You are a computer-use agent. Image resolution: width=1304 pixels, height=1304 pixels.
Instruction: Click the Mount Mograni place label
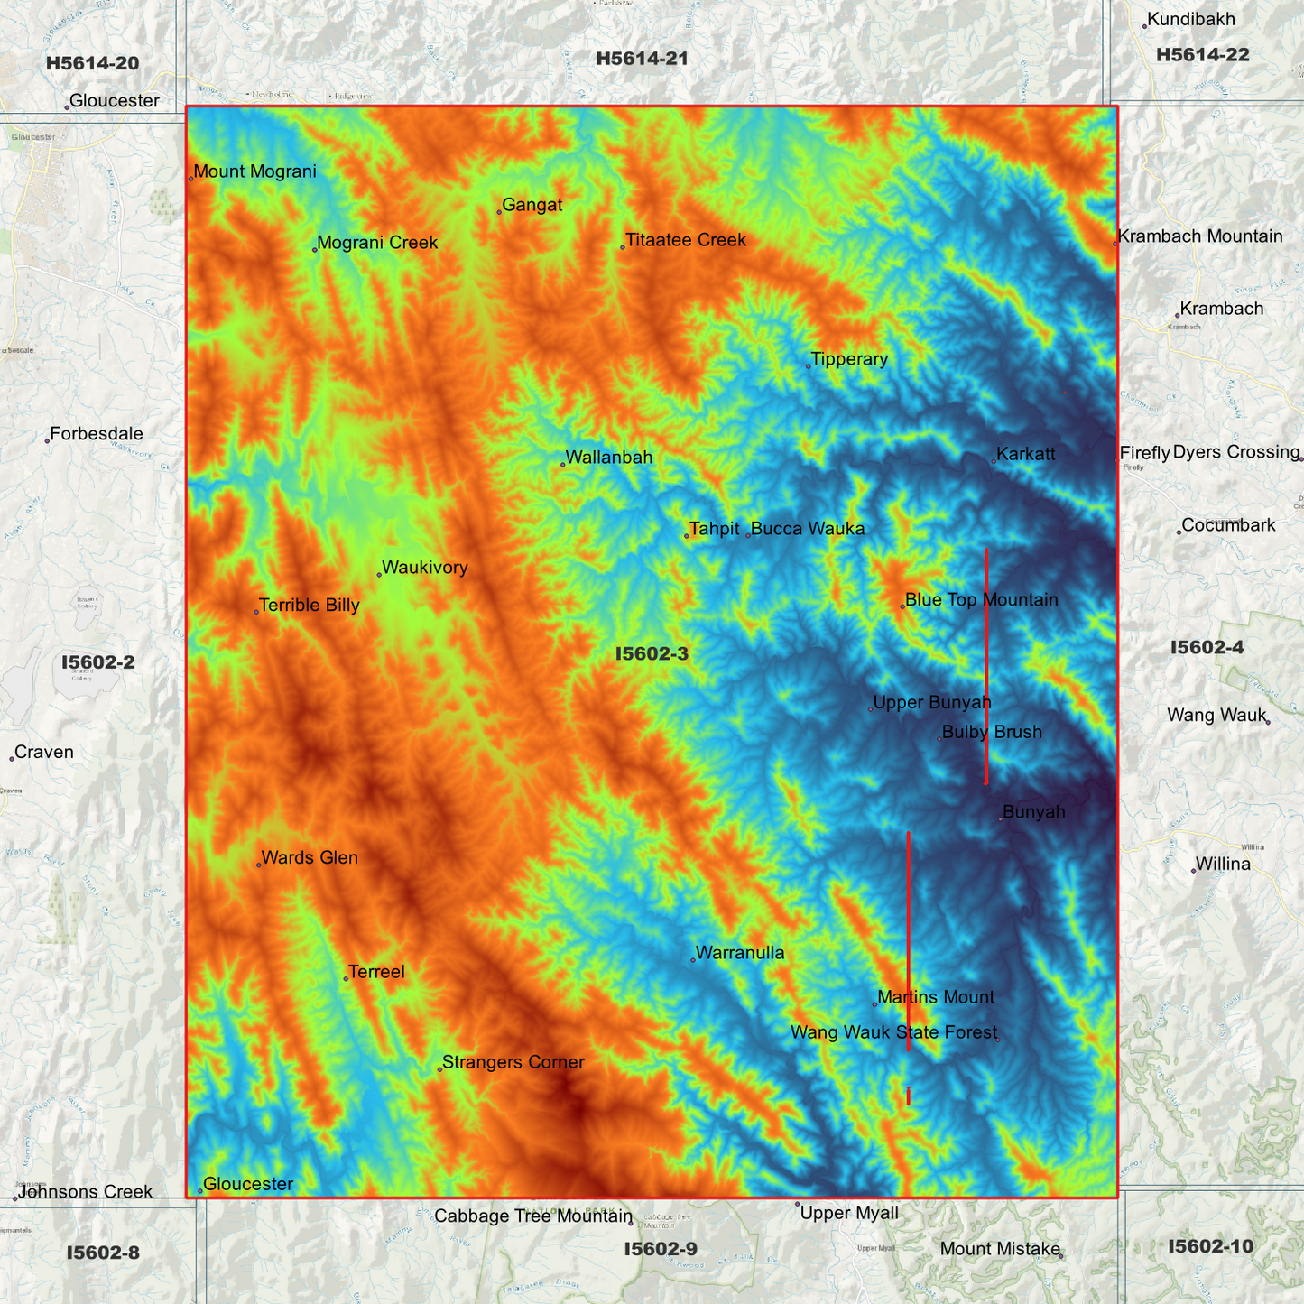(x=254, y=171)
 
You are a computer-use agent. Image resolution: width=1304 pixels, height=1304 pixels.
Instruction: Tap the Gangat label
(x=532, y=205)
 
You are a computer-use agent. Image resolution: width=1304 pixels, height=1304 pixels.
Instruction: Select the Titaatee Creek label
(x=685, y=240)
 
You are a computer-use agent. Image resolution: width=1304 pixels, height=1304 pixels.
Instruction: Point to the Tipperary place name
(x=848, y=359)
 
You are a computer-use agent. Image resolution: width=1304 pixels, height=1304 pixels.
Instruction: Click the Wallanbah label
(x=608, y=458)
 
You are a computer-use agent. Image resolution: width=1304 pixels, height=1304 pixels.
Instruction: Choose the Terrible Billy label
(x=309, y=606)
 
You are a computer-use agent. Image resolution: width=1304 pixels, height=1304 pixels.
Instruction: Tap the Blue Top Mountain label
(x=981, y=600)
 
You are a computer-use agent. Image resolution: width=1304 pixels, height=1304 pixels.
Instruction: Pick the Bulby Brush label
(x=991, y=732)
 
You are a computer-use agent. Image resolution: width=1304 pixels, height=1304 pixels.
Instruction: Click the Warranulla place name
(x=739, y=953)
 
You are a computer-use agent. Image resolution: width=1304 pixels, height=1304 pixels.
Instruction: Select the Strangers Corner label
(x=513, y=1062)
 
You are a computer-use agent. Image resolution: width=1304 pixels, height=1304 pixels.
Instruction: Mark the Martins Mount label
(x=935, y=997)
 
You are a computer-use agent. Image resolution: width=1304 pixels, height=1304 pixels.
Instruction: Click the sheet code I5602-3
(x=652, y=653)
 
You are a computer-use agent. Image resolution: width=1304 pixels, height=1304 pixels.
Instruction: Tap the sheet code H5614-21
(x=642, y=59)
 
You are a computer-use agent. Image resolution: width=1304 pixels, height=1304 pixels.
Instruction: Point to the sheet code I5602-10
(x=1210, y=1246)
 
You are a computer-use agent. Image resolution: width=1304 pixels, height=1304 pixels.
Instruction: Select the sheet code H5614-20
(x=92, y=63)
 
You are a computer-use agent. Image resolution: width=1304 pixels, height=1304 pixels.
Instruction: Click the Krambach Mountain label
(x=1199, y=236)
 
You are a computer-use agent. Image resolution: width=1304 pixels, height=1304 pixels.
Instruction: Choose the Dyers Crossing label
(x=1235, y=452)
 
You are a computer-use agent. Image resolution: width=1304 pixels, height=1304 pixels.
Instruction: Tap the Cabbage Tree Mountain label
(x=532, y=1216)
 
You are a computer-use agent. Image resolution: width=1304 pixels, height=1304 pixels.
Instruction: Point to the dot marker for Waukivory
(x=379, y=575)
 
